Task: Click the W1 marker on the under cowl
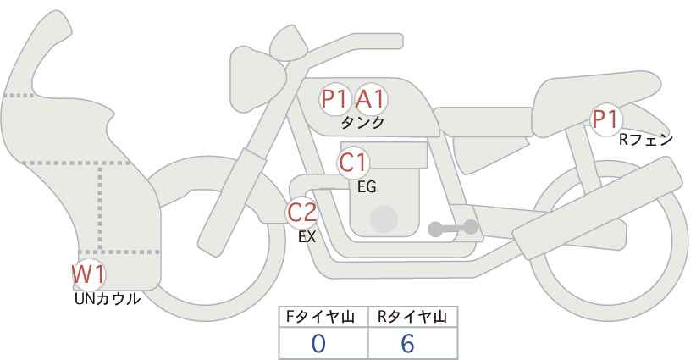[89, 274]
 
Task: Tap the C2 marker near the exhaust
[302, 213]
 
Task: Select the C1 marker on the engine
[353, 163]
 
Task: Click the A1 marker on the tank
[371, 98]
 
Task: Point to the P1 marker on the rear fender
[606, 119]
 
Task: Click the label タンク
[362, 123]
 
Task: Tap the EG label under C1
[367, 187]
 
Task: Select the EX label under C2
[307, 237]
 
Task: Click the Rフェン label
[646, 140]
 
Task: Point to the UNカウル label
[108, 299]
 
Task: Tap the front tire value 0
[318, 344]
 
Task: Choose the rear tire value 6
[407, 344]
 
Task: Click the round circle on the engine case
[384, 219]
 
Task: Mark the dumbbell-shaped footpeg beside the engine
[453, 228]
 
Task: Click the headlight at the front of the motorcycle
[257, 79]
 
